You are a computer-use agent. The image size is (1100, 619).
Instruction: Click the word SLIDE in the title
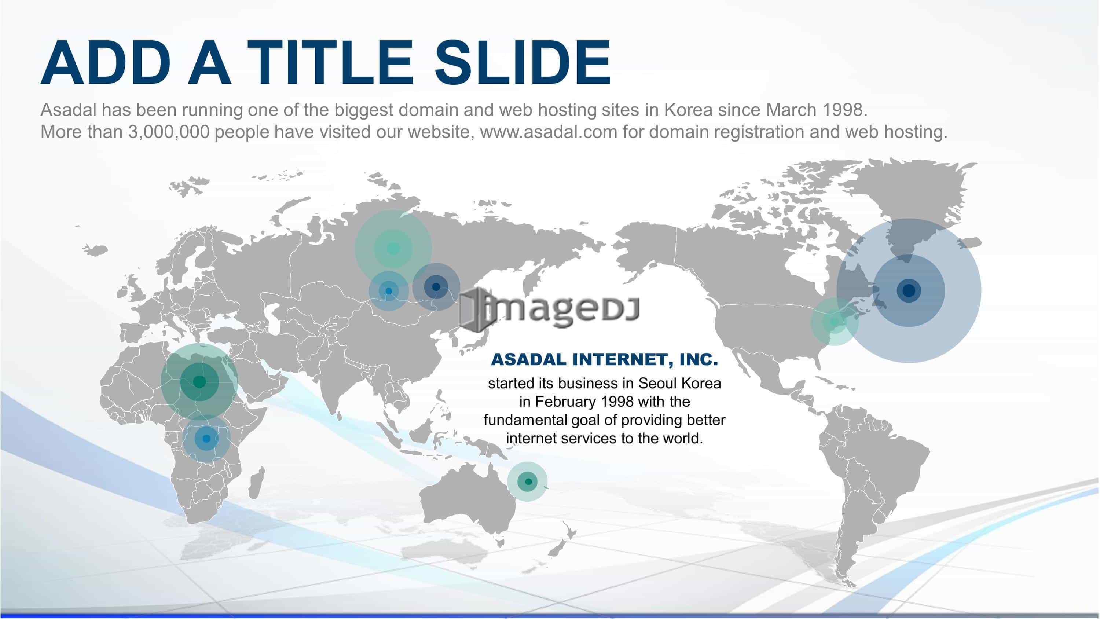click(522, 63)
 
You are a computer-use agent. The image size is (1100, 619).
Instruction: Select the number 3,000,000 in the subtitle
click(169, 132)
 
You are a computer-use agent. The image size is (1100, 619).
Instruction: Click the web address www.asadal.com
click(549, 132)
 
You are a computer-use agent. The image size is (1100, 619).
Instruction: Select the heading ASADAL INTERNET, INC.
click(605, 359)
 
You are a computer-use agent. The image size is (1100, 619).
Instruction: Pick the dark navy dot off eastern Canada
click(909, 290)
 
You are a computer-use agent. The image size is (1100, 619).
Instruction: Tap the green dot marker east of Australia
click(528, 481)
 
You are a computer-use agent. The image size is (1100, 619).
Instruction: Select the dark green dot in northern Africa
click(199, 381)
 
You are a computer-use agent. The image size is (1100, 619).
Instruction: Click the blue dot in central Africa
click(206, 438)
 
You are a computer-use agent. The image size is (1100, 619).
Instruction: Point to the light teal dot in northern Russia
click(393, 248)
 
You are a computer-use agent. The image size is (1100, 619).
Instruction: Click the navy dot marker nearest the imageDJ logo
click(436, 287)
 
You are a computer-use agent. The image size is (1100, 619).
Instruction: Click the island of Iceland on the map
click(95, 249)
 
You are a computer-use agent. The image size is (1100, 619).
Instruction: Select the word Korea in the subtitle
click(688, 110)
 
